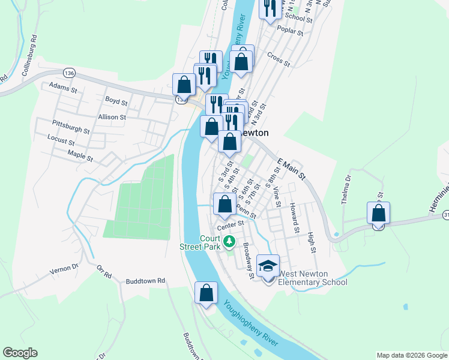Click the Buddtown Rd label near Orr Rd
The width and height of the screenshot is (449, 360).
pyautogui.click(x=145, y=281)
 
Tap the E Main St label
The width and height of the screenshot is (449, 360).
pyautogui.click(x=291, y=168)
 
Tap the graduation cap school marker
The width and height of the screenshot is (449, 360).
pyautogui.click(x=268, y=265)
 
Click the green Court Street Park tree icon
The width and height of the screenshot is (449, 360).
pyautogui.click(x=229, y=241)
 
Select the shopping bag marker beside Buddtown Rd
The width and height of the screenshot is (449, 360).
pyautogui.click(x=206, y=293)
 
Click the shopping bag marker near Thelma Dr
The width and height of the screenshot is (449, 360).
pyautogui.click(x=378, y=213)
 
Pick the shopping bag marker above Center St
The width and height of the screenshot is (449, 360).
pyautogui.click(x=224, y=204)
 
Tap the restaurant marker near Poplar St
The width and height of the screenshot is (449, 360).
pyautogui.click(x=270, y=8)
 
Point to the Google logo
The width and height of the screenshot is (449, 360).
pyautogui.click(x=20, y=353)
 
